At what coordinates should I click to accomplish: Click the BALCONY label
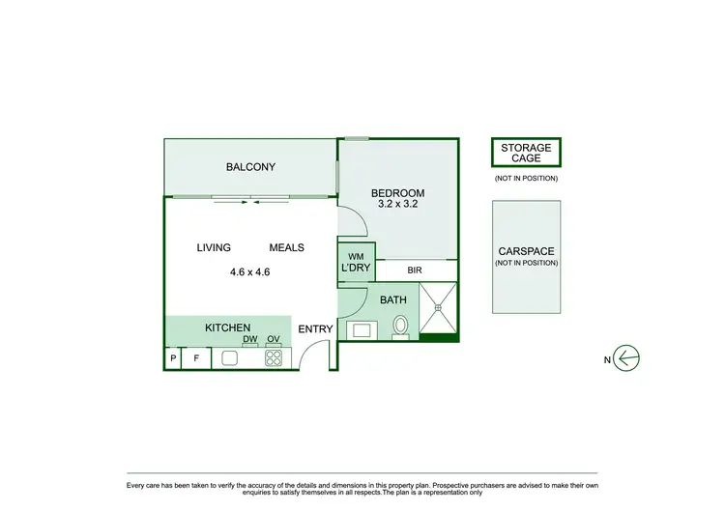pos(250,167)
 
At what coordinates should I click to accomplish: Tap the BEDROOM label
pos(397,193)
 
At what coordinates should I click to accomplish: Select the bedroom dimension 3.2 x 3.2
pos(397,206)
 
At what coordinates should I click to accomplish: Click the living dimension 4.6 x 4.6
pos(249,271)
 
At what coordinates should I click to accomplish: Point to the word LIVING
pos(214,248)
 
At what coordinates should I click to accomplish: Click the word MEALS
pos(286,248)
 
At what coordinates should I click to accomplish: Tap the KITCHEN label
pos(228,328)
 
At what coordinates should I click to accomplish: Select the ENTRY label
pos(315,329)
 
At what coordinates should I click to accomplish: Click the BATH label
pos(393,300)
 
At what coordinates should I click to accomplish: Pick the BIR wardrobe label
pos(415,271)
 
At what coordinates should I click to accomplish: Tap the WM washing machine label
pos(354,255)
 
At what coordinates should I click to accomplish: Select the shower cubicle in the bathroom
pos(439,307)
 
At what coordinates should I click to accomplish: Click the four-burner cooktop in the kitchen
pos(274,358)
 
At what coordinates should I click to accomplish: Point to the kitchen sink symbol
pos(230,358)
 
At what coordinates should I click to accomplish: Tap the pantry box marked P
pos(174,358)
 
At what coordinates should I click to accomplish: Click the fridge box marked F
pos(196,358)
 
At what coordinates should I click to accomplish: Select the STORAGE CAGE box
pos(525,153)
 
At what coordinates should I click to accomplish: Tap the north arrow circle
pos(628,359)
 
